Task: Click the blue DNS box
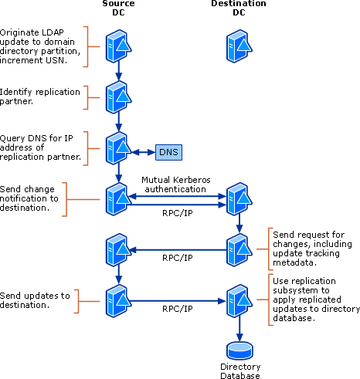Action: pyautogui.click(x=168, y=152)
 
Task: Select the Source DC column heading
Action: pyautogui.click(x=117, y=9)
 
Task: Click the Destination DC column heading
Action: pyautogui.click(x=238, y=9)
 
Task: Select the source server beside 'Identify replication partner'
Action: pyautogui.click(x=117, y=96)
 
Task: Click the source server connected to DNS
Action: pyautogui.click(x=117, y=147)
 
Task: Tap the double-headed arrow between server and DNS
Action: pyautogui.click(x=143, y=152)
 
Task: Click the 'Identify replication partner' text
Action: pyautogui.click(x=39, y=96)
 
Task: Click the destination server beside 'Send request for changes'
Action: pyautogui.click(x=238, y=249)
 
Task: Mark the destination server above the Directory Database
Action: pyautogui.click(x=238, y=299)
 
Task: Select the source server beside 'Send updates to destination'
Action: pyautogui.click(x=117, y=299)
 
